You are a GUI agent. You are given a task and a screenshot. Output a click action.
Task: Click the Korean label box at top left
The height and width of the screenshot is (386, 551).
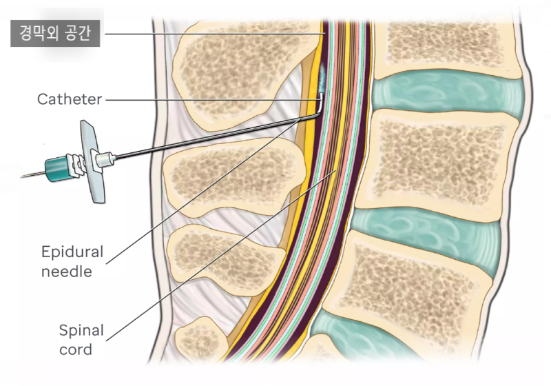(x=55, y=33)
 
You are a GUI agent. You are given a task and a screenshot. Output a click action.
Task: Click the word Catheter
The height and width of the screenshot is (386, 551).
(x=70, y=99)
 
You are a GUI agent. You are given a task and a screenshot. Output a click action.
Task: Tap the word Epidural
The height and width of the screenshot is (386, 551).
(x=72, y=252)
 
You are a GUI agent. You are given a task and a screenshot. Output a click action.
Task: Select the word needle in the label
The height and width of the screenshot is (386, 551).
(x=67, y=272)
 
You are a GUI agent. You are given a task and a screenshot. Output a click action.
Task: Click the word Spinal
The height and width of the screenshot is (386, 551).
(x=81, y=330)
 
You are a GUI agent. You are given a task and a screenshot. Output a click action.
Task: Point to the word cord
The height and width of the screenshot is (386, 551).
(x=76, y=349)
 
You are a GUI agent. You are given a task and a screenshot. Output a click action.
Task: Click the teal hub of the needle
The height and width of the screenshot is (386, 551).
(x=56, y=170)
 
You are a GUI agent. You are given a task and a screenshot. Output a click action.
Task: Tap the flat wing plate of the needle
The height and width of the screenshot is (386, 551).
(x=92, y=161)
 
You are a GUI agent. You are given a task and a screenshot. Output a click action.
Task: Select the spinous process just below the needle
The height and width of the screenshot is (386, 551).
(x=233, y=176)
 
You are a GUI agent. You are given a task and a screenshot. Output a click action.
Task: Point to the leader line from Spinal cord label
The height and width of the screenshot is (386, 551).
(x=221, y=255)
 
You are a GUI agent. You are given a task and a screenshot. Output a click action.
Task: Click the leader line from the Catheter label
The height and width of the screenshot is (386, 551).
(x=213, y=100)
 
